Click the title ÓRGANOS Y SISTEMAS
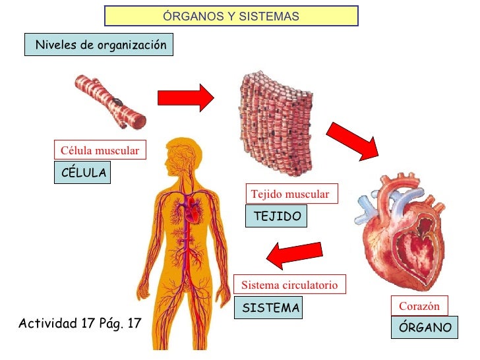point(231,16)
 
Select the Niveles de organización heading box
point(100,45)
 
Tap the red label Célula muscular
point(100,151)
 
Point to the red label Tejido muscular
point(290,194)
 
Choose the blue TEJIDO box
point(276,216)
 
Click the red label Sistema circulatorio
point(289,285)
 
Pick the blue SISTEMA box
point(270,308)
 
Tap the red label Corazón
point(419,307)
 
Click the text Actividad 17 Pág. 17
point(80,324)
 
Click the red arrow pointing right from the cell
point(185,98)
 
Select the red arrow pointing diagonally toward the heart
point(352,140)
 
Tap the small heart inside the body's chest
point(193,212)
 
